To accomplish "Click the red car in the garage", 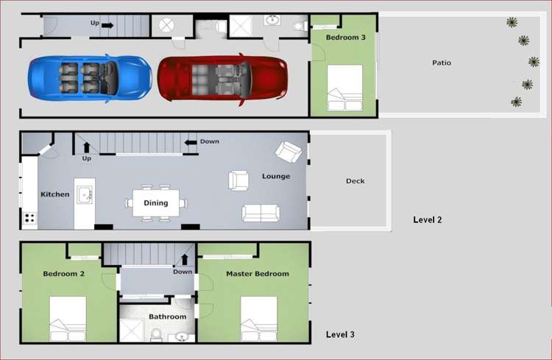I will [x=222, y=77].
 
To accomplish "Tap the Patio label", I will [x=442, y=63].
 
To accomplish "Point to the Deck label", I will [x=355, y=181].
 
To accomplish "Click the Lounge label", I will [x=276, y=177].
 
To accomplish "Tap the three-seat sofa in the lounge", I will [x=261, y=213].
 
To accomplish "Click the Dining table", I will [x=156, y=203].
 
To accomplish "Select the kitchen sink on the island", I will [x=85, y=195].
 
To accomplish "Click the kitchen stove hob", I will [x=30, y=218].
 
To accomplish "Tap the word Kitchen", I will [x=55, y=194].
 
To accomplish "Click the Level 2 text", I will [x=428, y=219].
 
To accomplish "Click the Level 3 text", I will [x=340, y=335].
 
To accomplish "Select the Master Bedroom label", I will [x=257, y=274].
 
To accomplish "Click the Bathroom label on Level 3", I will [x=167, y=317].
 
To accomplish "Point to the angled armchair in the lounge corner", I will [x=288, y=152].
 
